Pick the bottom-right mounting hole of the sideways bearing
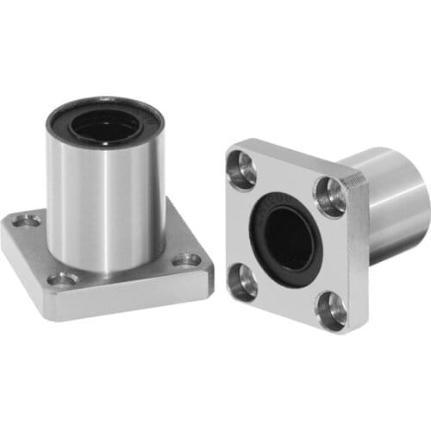point(329,309)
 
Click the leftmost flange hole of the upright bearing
point(27,222)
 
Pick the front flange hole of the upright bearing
point(63,278)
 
